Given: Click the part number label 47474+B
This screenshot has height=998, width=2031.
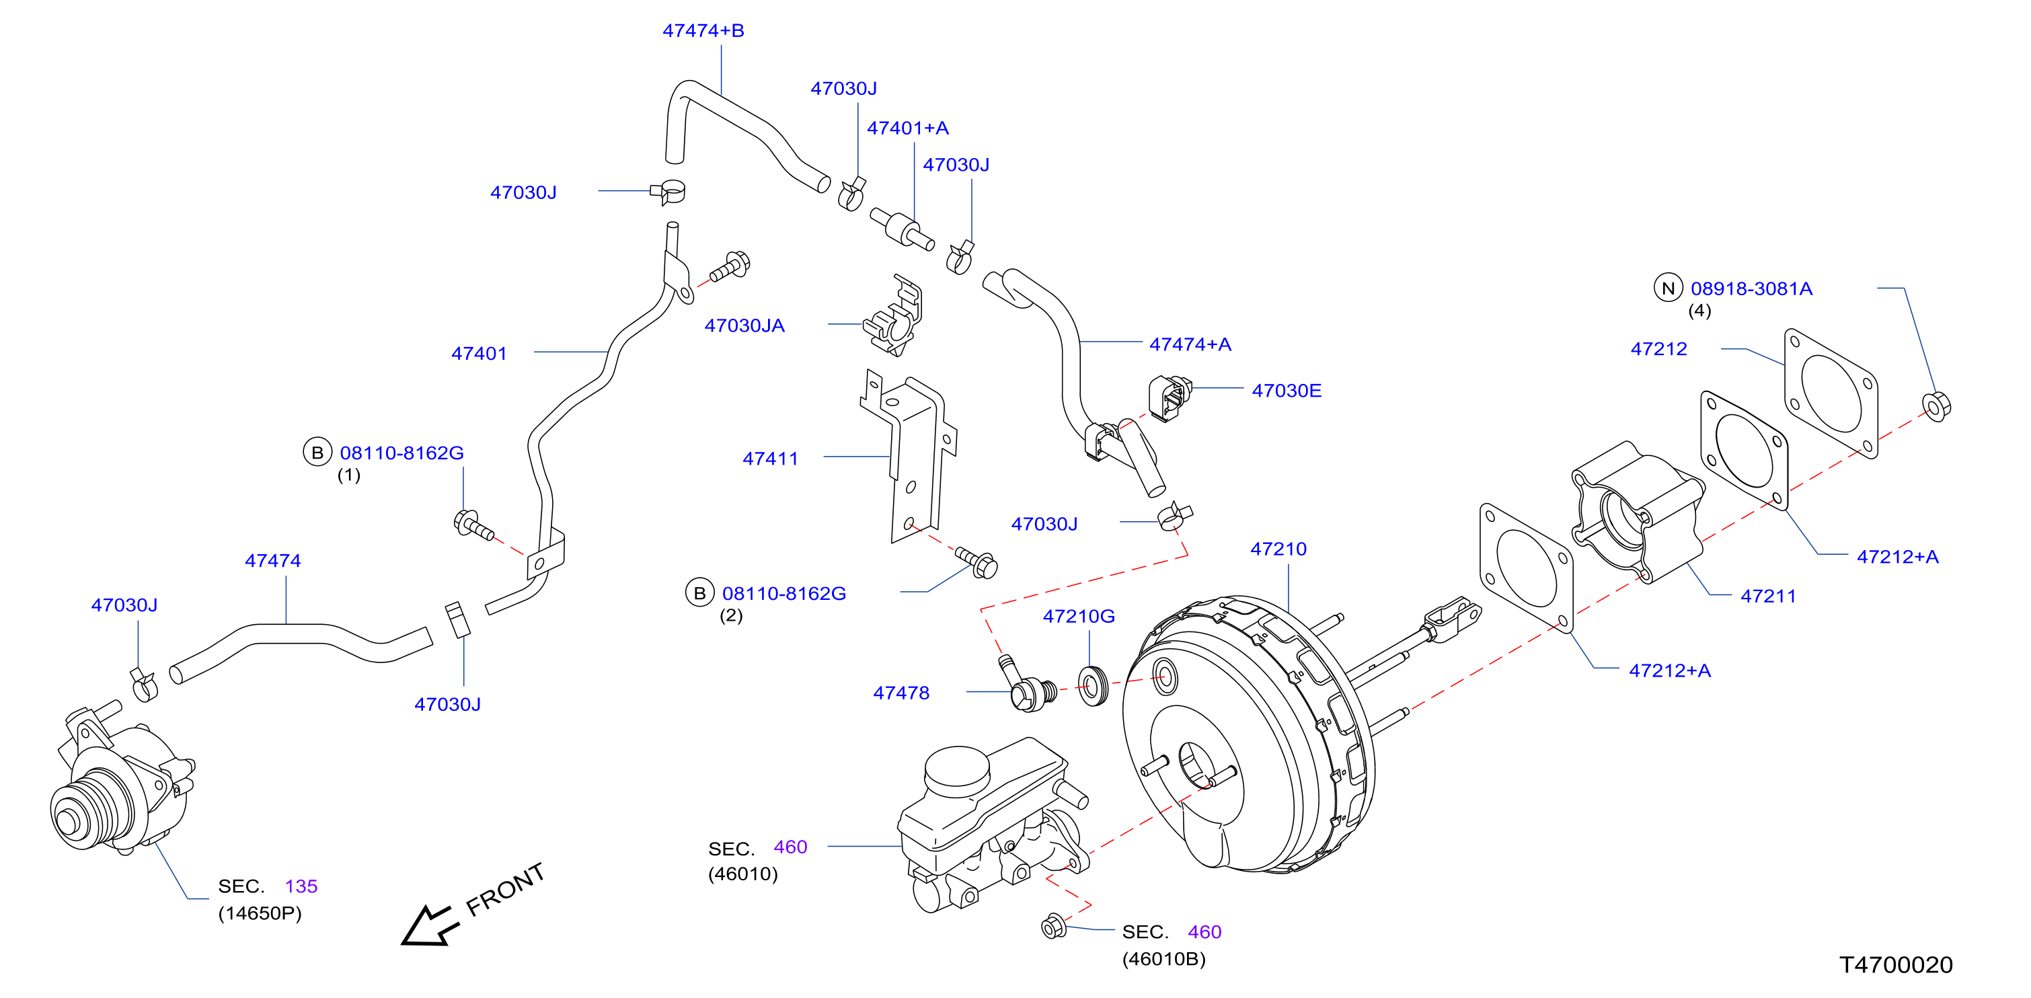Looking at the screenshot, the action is click(703, 31).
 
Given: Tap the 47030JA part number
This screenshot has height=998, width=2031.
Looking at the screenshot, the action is click(744, 325).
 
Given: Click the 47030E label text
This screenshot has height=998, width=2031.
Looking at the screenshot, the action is click(1287, 390).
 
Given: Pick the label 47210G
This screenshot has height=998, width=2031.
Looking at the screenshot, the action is click(1079, 617).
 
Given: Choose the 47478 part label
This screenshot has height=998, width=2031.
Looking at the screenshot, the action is click(901, 693).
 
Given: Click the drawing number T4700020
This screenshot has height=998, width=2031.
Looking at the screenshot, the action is click(1896, 965).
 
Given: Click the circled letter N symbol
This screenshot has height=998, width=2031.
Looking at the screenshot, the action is click(1669, 289).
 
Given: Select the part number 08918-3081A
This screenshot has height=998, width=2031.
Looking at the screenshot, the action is click(1751, 289).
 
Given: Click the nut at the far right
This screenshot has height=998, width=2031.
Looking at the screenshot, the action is click(1936, 406).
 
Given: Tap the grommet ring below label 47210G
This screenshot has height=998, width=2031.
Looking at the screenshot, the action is click(1093, 686).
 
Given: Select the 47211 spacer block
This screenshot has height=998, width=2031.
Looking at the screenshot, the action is click(1636, 512).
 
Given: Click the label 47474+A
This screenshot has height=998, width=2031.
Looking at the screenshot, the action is click(1190, 344).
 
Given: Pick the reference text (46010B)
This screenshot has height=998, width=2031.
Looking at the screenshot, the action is click(1163, 960).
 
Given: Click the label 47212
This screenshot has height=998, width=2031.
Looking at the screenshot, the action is click(1659, 349).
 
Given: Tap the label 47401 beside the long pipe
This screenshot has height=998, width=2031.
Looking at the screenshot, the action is click(479, 354).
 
